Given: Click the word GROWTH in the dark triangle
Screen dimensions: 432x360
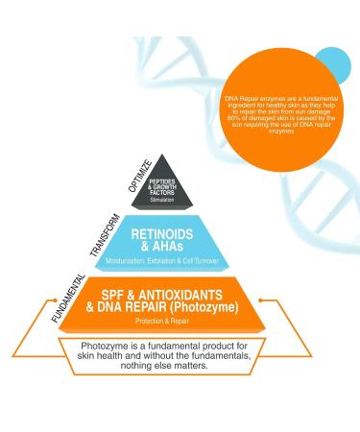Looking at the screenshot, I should pos(181,186).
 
